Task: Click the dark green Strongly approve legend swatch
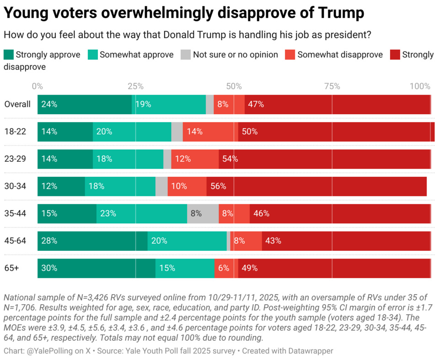9,55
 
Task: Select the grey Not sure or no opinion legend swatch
185,55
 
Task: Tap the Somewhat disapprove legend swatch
290,55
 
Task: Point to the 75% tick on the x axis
332,86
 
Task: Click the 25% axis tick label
135,86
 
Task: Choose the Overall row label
17,104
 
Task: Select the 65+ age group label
12,268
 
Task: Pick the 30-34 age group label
16,186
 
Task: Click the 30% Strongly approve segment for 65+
96,268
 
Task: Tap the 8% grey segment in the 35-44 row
203,213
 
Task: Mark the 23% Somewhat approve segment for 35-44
142,213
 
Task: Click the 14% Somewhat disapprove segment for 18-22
210,132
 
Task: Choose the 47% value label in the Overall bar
256,104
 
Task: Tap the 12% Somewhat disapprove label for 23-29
183,159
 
